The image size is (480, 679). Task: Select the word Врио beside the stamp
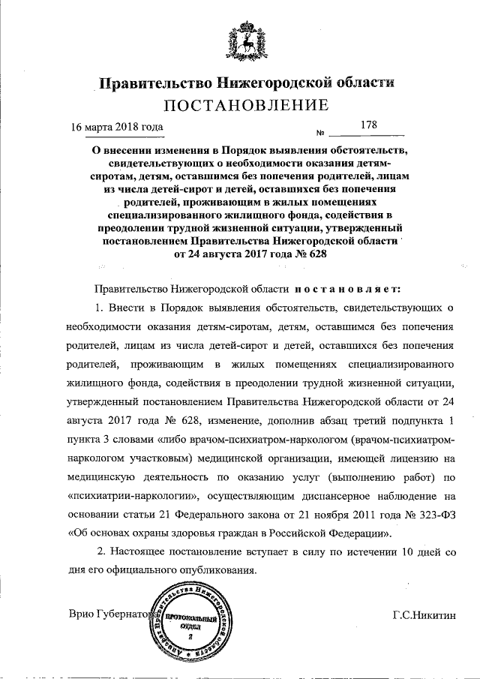(x=82, y=614)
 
